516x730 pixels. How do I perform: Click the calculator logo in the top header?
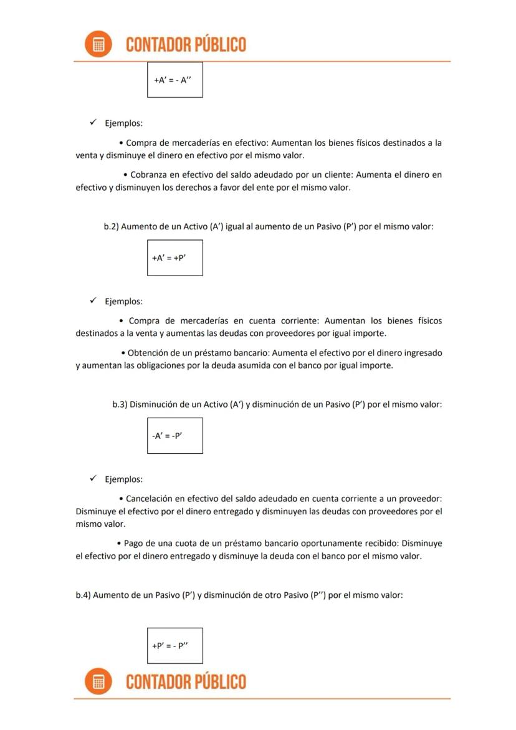pos(98,44)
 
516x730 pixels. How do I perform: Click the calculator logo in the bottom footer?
pos(98,681)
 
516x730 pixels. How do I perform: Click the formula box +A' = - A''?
pos(174,80)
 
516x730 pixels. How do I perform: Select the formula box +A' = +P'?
pos(174,257)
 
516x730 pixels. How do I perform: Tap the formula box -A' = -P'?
pos(174,436)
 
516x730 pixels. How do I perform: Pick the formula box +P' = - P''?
pos(174,646)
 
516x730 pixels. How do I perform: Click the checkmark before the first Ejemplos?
pos(92,123)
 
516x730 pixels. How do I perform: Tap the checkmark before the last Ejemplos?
pos(92,479)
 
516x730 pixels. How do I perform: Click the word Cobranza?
pos(150,175)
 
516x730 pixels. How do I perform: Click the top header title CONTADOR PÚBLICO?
pos(186,44)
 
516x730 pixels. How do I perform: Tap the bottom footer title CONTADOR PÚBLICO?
pos(186,681)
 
